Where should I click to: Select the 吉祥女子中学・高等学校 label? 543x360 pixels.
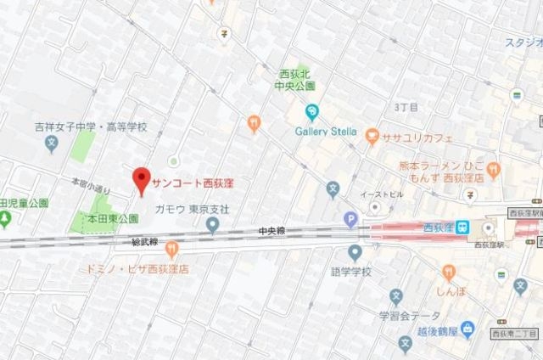(91, 127)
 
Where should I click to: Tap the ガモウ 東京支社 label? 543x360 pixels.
(193, 209)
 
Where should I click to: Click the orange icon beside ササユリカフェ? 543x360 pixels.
(371, 135)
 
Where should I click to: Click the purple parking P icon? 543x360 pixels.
(350, 220)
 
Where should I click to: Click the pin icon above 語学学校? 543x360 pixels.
(355, 252)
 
